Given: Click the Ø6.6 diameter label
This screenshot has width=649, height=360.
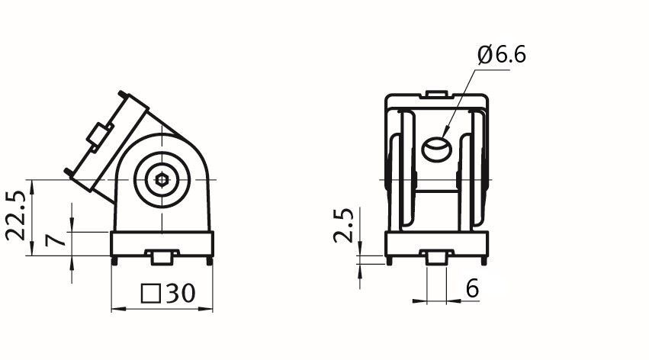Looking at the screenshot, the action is click(x=502, y=55).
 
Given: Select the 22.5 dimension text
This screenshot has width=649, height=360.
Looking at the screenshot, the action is click(x=16, y=216).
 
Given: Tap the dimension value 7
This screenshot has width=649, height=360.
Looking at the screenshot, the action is click(x=56, y=240).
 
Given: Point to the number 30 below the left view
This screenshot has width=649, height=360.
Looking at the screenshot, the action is click(x=181, y=293).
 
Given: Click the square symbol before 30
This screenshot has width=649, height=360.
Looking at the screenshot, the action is click(x=151, y=294).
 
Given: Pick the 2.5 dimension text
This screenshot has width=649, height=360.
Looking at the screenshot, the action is click(x=343, y=225).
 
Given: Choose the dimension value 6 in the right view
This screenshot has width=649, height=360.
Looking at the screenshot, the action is click(x=472, y=288).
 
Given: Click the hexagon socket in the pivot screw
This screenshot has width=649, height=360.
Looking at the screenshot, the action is click(x=162, y=179).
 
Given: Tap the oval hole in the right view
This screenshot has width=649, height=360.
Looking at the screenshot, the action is click(x=435, y=149).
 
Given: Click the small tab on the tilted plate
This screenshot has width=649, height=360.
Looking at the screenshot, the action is click(x=99, y=134).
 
